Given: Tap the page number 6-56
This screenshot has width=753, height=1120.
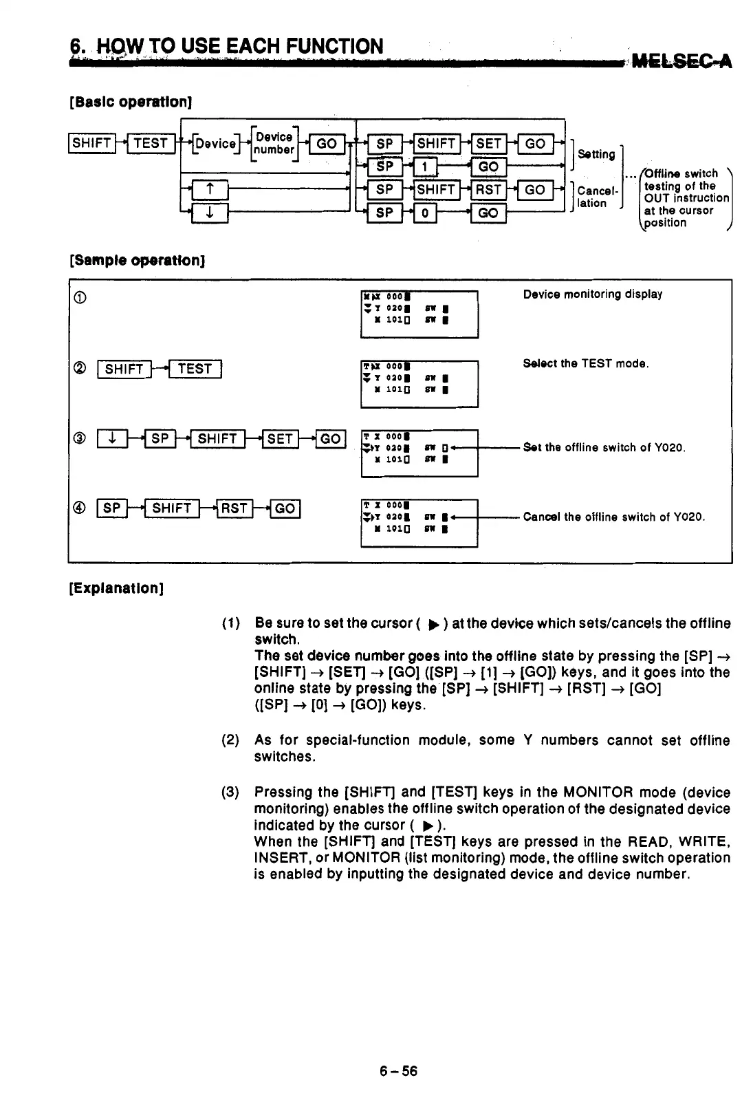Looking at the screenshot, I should pos(398,1071).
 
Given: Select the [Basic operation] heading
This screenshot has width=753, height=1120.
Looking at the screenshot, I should pos(130,102).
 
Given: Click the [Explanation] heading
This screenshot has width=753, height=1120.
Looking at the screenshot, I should pos(116,589).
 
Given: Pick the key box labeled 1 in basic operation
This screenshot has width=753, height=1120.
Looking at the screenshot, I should pos(425,166).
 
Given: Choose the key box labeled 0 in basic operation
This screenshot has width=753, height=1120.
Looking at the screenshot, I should pos(425,213).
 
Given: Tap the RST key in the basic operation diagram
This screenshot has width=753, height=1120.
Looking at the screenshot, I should pos(488,189).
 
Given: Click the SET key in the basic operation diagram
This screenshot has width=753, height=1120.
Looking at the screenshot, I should pos(488,143).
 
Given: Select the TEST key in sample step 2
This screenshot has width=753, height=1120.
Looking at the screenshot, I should pos(195,369).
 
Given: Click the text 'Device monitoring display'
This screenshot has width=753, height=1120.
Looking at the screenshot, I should pos(592,294).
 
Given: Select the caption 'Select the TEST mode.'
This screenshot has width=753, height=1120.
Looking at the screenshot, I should pos(585,363).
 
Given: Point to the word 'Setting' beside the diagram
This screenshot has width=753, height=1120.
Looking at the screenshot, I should pos(596,154).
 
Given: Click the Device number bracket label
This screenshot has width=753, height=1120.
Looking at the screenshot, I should pos(274,143).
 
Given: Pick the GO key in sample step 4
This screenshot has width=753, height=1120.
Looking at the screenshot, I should pos(285,508).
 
